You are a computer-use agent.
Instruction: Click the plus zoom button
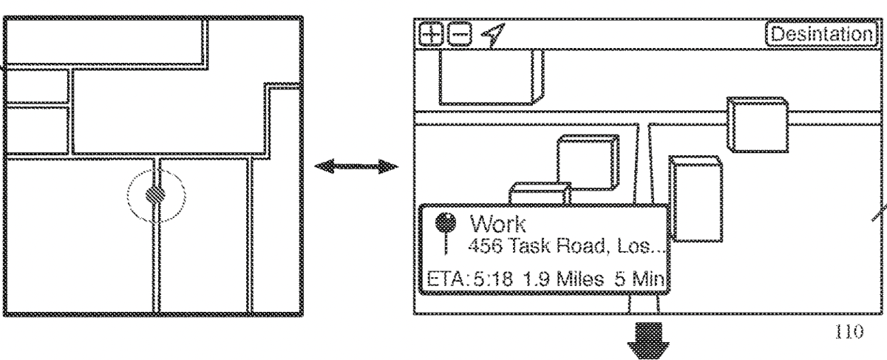429,34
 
